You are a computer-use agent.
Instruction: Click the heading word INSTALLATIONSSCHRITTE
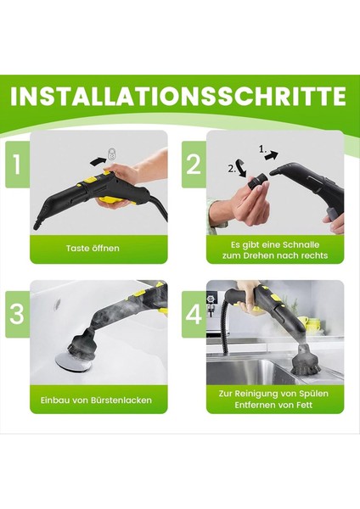180,94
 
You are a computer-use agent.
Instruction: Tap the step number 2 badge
194,163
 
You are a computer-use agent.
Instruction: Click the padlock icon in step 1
111,155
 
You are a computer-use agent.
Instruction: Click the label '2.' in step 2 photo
233,170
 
